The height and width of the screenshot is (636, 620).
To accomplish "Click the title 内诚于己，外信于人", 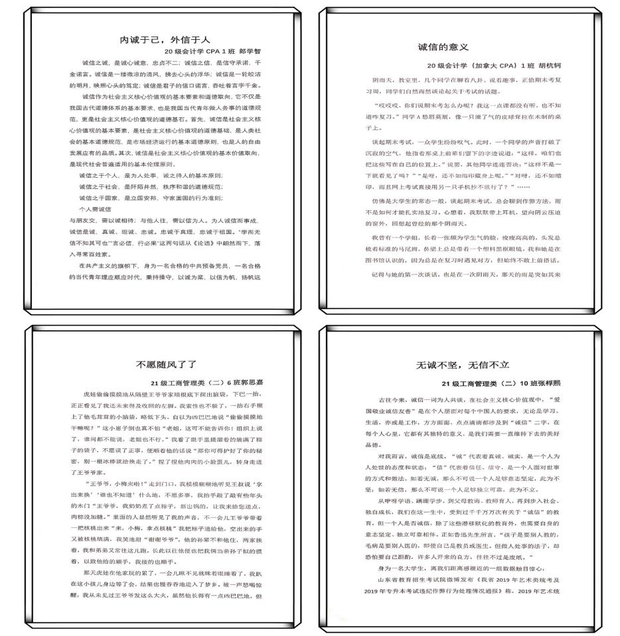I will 164,40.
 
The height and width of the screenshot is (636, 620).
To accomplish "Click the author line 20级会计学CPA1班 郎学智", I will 212,51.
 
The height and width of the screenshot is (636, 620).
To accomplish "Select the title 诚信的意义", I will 443,47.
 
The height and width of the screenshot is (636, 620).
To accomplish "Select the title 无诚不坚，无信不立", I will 462,365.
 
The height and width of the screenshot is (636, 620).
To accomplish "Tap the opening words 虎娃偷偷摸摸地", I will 110,394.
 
